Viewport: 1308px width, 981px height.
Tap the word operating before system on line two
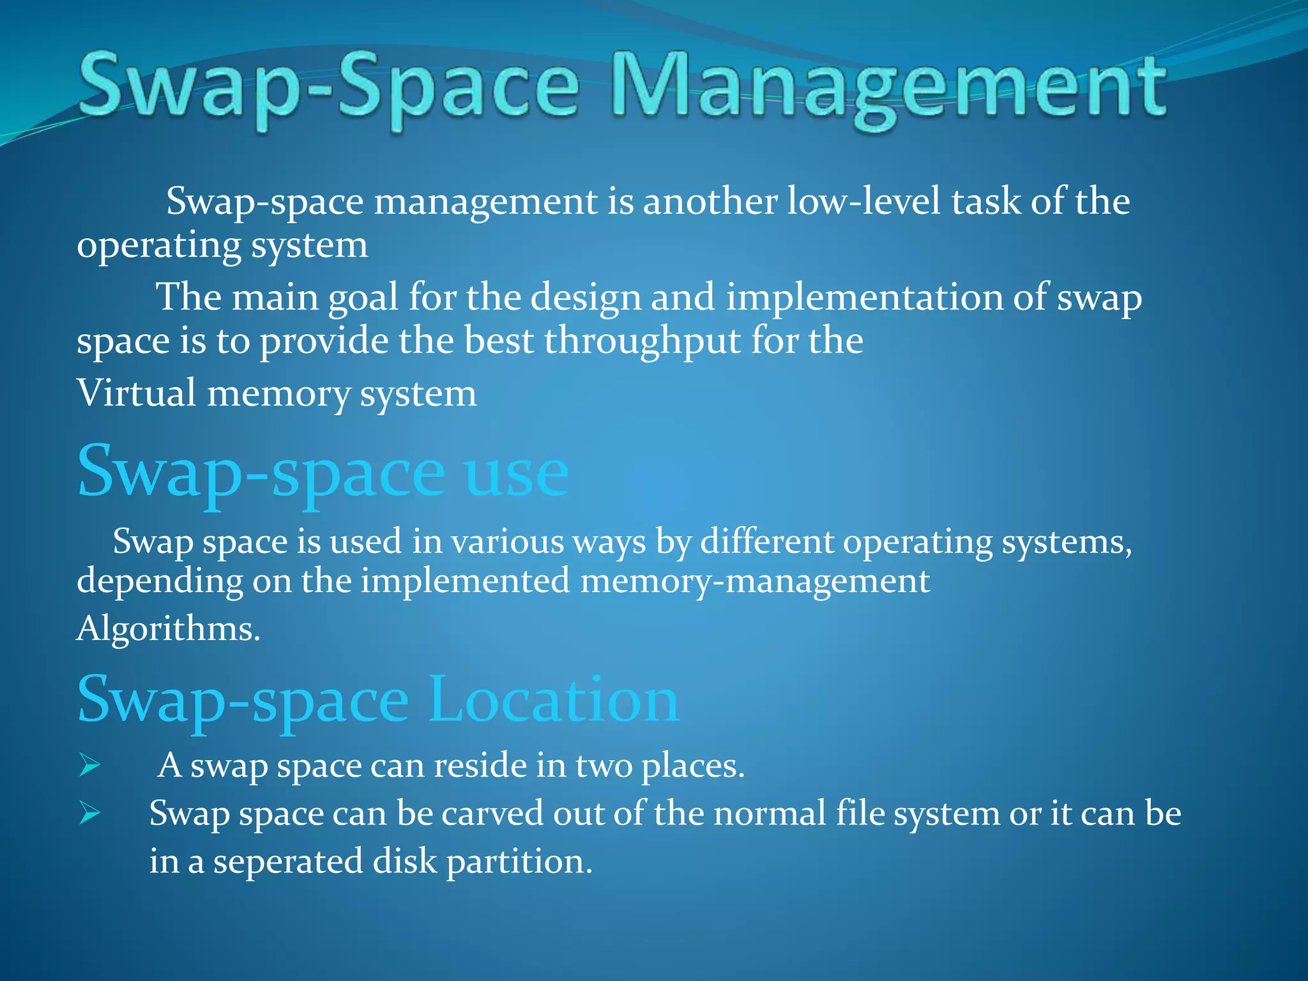point(158,247)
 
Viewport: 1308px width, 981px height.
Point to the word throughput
point(643,342)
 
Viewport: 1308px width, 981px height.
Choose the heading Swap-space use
point(323,473)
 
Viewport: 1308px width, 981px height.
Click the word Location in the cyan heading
point(553,700)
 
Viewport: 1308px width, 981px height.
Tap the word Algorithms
point(169,629)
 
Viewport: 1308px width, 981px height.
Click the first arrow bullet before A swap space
point(90,765)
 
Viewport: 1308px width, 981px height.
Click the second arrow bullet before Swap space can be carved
point(90,814)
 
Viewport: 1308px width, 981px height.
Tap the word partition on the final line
point(519,862)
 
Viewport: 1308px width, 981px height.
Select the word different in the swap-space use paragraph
point(766,542)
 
